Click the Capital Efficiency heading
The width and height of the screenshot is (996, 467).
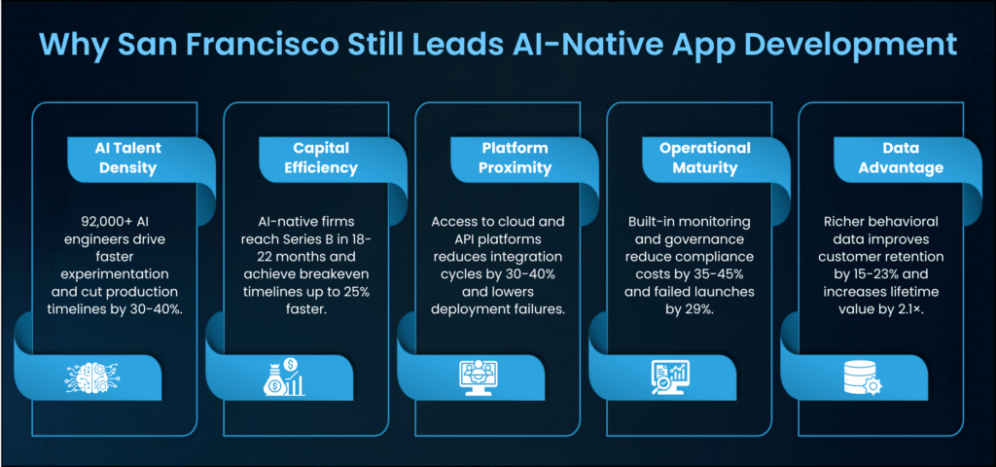321,159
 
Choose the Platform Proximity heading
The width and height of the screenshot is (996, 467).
515,159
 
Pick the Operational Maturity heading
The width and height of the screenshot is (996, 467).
705,159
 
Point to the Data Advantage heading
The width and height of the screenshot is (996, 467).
901,159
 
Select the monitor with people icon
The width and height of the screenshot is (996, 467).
478,377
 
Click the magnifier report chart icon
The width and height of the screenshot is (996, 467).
669,377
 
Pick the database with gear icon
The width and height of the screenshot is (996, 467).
861,377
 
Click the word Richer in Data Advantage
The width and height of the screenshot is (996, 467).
840,223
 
